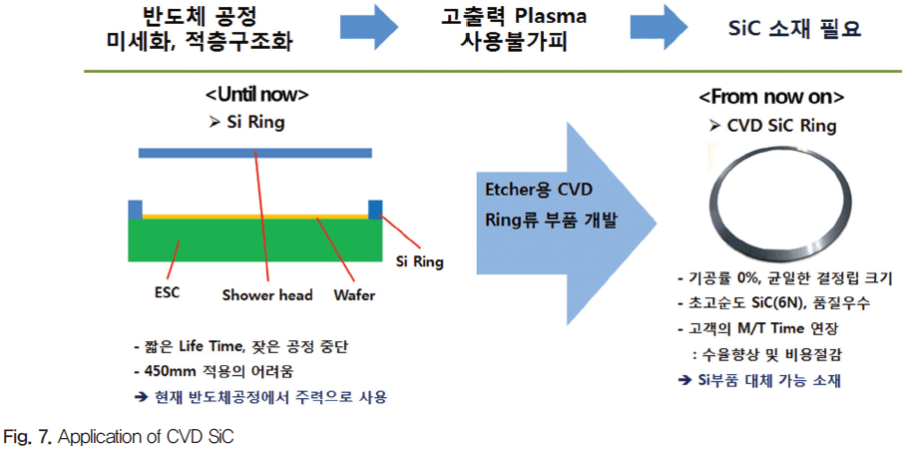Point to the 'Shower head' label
tap(267, 295)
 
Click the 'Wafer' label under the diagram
tap(355, 295)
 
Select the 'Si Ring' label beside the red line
tap(416, 261)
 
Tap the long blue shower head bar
tap(255, 154)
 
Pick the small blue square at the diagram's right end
tap(375, 210)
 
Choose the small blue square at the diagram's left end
tap(135, 210)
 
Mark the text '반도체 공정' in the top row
tap(199, 16)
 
